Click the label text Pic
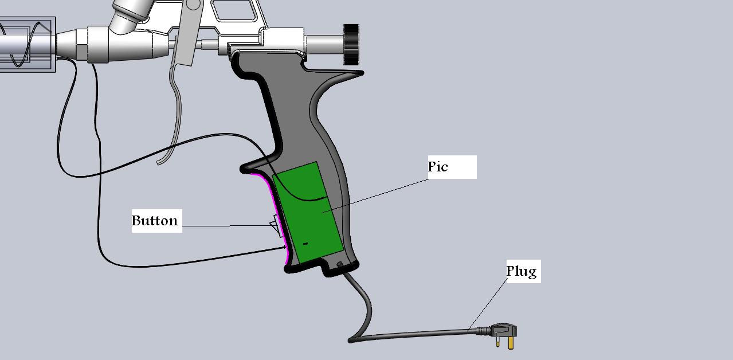coord(437,167)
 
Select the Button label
coord(155,221)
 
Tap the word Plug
coord(522,271)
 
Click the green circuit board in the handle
coord(308,212)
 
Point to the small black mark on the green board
coord(305,244)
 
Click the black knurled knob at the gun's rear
coord(351,44)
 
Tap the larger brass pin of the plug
coord(510,343)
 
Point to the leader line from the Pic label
coord(375,195)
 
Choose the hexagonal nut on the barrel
coord(82,45)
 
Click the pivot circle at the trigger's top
coord(193,4)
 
